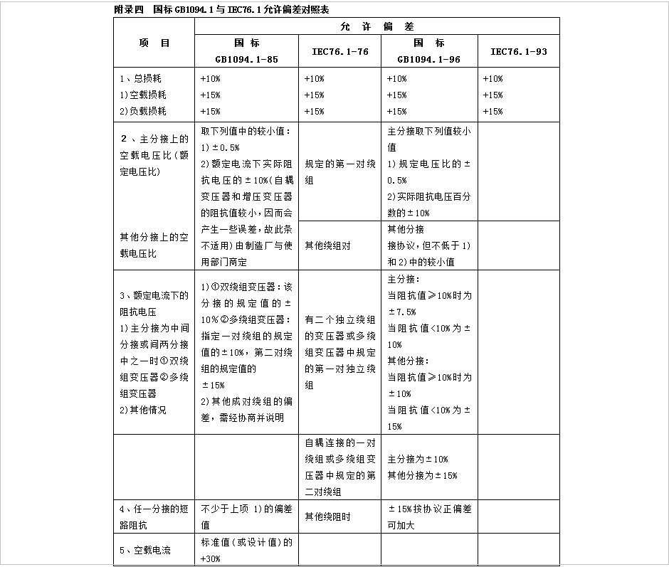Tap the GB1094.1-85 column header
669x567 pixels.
coord(246,51)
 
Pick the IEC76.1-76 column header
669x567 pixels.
coord(339,51)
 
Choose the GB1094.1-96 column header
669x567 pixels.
coord(428,51)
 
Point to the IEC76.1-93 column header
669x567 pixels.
coord(518,51)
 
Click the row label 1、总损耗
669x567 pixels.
coord(141,78)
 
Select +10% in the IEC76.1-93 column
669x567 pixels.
coord(492,78)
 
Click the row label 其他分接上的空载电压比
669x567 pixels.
coord(154,245)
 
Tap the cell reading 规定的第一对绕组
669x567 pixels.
coord(339,172)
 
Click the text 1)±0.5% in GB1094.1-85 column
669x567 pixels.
coord(220,147)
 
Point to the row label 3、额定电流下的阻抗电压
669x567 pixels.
coord(154,303)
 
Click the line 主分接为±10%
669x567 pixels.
coord(418,459)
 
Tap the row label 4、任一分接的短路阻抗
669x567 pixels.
coord(154,517)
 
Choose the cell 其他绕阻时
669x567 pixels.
coord(327,517)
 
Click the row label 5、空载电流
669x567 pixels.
coord(145,550)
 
